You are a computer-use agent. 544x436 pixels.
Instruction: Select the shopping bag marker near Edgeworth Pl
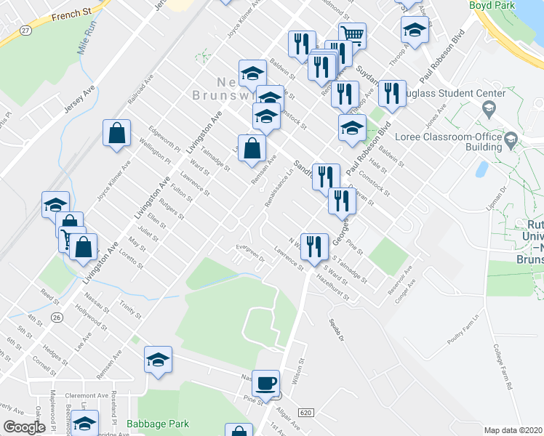(116, 134)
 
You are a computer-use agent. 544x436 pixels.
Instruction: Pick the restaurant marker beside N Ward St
(314, 246)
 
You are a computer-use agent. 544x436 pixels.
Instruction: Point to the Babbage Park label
(158, 424)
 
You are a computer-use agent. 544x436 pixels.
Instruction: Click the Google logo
(24, 427)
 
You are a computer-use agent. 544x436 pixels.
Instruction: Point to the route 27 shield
(26, 30)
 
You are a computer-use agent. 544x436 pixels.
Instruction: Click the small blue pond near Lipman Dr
(481, 169)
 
